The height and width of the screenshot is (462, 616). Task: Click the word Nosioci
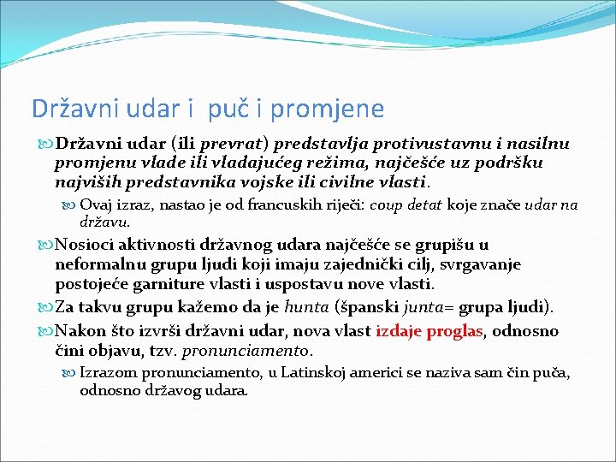click(87, 246)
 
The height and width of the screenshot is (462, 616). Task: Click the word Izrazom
click(106, 373)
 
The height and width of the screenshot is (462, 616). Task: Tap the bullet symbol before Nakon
click(47, 331)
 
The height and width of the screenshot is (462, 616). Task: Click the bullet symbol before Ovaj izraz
click(70, 205)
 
